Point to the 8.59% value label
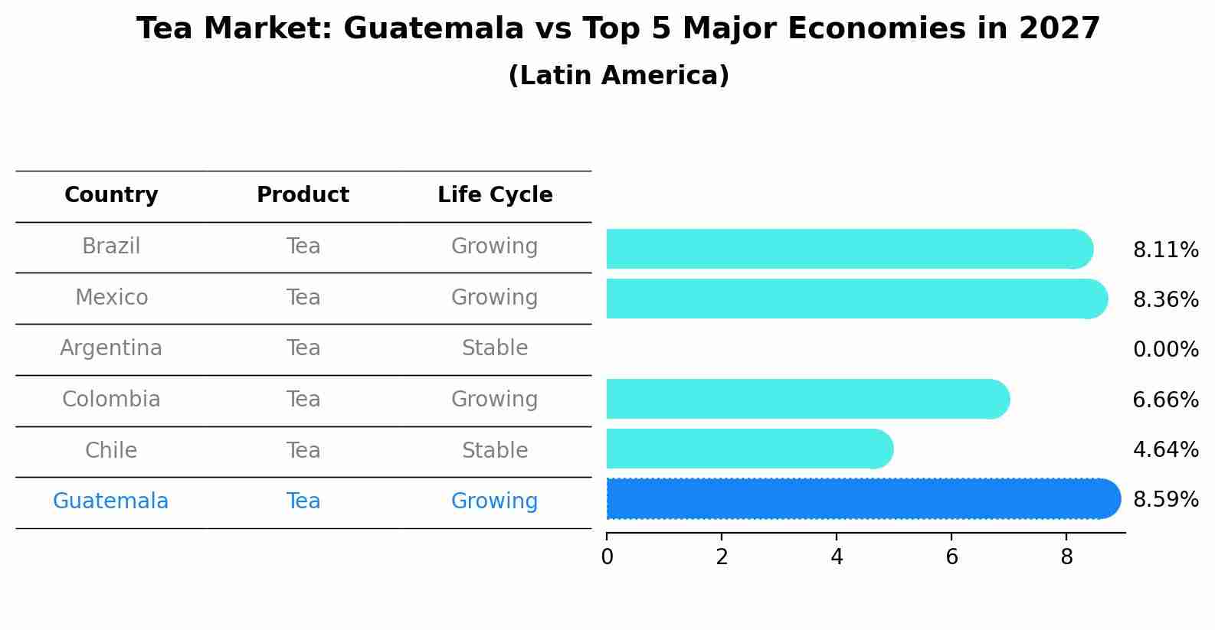click(x=1165, y=500)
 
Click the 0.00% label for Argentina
click(x=1165, y=350)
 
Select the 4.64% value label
click(x=1165, y=449)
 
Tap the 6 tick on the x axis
click(x=951, y=557)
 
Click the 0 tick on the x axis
click(x=607, y=557)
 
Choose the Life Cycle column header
click(x=495, y=195)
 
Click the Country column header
click(x=111, y=195)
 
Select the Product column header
click(x=303, y=195)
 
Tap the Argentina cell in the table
click(x=111, y=348)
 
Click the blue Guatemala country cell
click(x=110, y=501)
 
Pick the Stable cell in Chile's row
click(x=495, y=450)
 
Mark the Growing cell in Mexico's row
click(x=495, y=297)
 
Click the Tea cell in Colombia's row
click(x=303, y=400)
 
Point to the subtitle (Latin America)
click(x=618, y=76)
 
